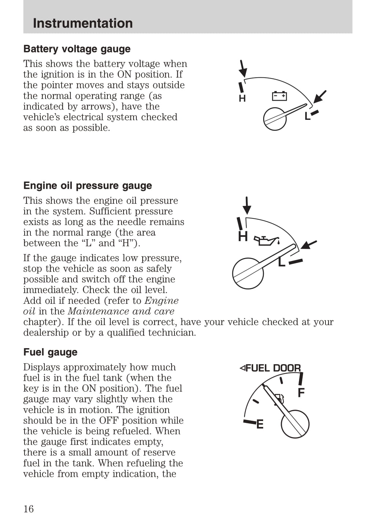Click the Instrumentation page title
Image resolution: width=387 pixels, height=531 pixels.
coord(83,23)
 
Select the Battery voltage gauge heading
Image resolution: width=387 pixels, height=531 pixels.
coord(77,49)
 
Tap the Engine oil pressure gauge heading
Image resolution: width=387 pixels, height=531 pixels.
coord(88,185)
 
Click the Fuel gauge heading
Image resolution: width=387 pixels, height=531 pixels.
coord(51,352)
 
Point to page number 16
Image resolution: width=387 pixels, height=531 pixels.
coord(29,509)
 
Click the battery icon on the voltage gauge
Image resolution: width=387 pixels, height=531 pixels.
coord(279,96)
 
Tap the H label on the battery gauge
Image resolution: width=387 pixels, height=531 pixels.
coord(242,99)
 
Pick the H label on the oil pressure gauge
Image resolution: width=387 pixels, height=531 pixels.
coord(243,236)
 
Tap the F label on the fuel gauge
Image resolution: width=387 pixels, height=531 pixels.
coord(301,392)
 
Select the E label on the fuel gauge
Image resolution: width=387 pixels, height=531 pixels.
coord(260,424)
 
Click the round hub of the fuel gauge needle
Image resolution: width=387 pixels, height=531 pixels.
coord(295,424)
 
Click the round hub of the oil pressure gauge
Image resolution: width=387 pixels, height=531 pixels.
coord(248,273)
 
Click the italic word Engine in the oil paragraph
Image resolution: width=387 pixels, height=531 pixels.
coord(162,300)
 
